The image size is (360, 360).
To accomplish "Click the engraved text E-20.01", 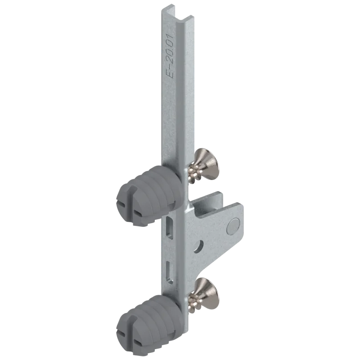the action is (171, 56).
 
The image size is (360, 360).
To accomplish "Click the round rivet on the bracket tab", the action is (233, 226).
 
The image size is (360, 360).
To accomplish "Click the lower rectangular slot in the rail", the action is (170, 273).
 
